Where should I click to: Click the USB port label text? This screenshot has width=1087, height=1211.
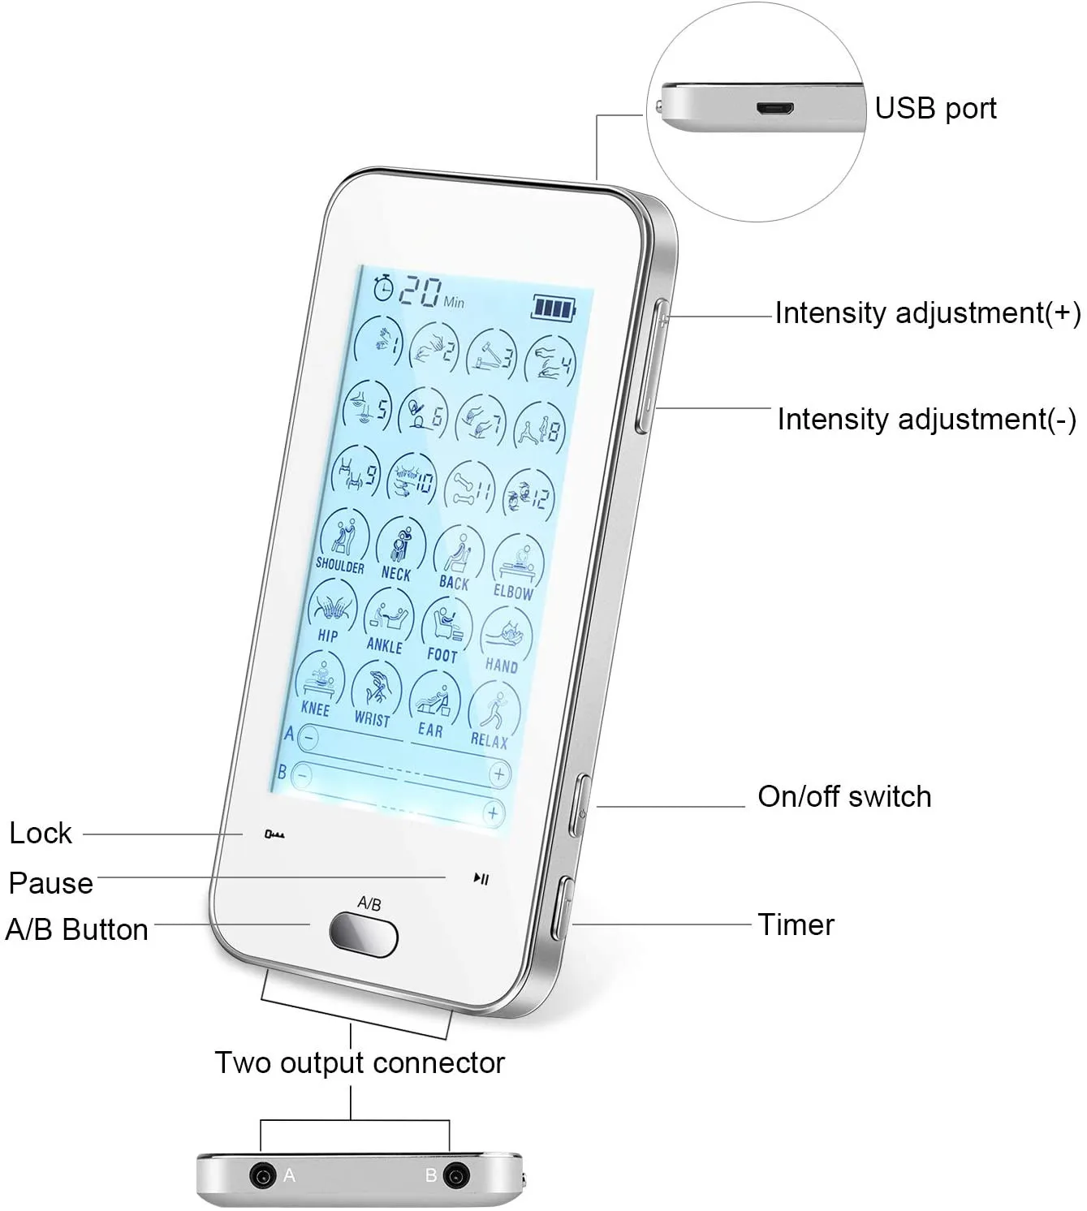point(935,108)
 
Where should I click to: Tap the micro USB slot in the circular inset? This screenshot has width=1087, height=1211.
point(775,108)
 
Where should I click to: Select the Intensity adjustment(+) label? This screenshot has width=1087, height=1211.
point(927,313)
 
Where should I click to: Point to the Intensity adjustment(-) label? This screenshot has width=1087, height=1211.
point(926,420)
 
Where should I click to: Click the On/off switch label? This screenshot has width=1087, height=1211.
point(844,796)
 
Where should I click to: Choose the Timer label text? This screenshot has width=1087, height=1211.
point(796,924)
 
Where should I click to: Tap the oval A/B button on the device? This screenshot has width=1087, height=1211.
point(364,934)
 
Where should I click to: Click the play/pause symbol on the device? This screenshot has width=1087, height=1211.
point(481,878)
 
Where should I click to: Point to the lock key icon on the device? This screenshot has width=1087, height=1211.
point(274,834)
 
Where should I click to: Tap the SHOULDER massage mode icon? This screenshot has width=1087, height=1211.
point(343,540)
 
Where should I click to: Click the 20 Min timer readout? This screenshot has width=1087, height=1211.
point(421,292)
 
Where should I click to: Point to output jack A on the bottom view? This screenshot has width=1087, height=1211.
point(262,1175)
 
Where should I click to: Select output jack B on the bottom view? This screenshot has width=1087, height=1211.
point(456,1175)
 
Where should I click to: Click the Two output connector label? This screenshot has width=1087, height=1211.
point(359,1062)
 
